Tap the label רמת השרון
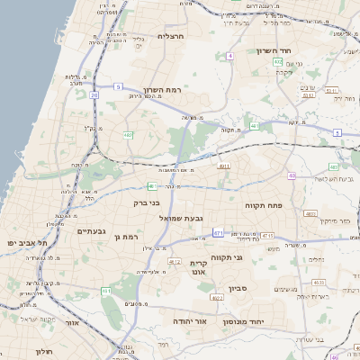pyautogui.click(x=163, y=91)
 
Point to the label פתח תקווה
pyautogui.click(x=264, y=205)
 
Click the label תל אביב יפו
pyautogui.click(x=26, y=243)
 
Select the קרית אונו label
pyautogui.click(x=199, y=265)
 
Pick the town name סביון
pyautogui.click(x=238, y=289)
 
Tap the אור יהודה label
pyautogui.click(x=191, y=320)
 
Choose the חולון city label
pyautogui.click(x=45, y=351)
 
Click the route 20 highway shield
pyautogui.click(x=94, y=93)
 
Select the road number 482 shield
pyautogui.click(x=128, y=135)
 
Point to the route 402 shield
pyautogui.click(x=278, y=62)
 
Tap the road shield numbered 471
pyautogui.click(x=218, y=233)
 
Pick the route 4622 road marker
pyautogui.click(x=217, y=296)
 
